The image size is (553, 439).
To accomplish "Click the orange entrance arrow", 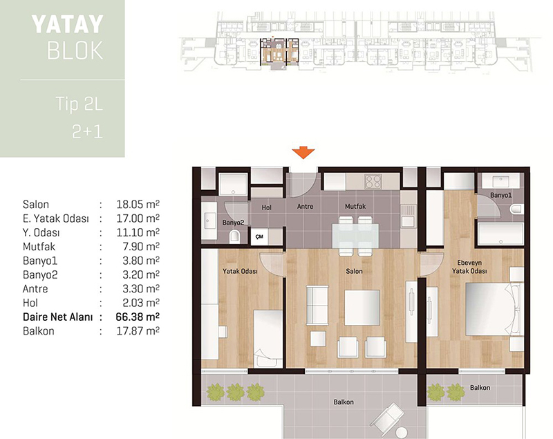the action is (x=303, y=153).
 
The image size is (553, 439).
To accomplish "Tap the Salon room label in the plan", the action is (x=354, y=271).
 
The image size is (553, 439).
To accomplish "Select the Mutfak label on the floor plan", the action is (x=355, y=206).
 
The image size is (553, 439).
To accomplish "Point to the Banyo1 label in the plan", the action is (x=500, y=195).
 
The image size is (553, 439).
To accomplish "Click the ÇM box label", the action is (x=260, y=236).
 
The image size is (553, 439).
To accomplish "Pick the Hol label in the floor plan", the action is (x=267, y=207).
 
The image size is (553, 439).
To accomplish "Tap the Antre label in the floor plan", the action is (x=305, y=206).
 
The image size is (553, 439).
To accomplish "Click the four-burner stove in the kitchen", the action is (x=373, y=181).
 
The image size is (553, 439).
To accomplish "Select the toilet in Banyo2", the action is (x=234, y=236).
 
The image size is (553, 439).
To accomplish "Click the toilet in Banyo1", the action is (x=516, y=209).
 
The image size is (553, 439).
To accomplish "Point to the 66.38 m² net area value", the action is (x=138, y=317).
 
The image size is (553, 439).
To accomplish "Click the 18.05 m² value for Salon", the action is (x=138, y=204).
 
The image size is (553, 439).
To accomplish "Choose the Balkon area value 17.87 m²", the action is (x=138, y=331).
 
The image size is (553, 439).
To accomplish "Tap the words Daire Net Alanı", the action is (x=58, y=317).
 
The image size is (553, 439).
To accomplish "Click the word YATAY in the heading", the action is (x=67, y=24).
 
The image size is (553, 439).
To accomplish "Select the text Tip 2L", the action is (x=79, y=104).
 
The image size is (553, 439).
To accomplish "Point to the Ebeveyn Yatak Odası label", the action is (x=469, y=267).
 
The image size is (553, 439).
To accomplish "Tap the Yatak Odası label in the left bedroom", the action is (x=240, y=271).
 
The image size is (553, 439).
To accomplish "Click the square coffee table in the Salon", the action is (x=362, y=308).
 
